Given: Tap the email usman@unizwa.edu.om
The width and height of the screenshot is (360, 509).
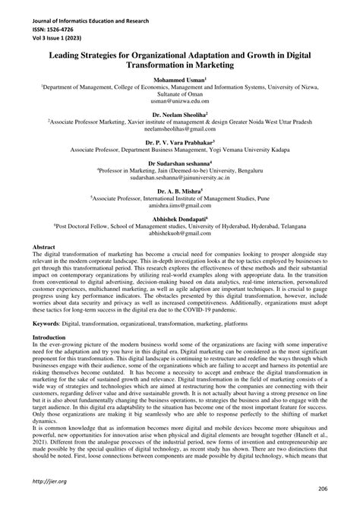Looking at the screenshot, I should coord(180,100).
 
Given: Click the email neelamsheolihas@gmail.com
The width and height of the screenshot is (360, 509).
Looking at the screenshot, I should coord(180,129).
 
